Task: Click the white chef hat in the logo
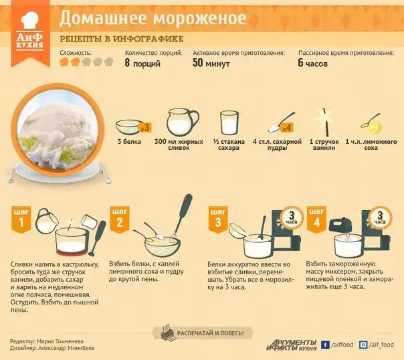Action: coord(30,20)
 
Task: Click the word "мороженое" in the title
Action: coord(200,18)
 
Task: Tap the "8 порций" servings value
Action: coord(142,63)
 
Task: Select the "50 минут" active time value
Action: coord(211,63)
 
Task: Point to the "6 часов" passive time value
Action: coord(313,63)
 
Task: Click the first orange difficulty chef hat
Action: coord(64,62)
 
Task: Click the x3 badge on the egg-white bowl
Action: coord(144,128)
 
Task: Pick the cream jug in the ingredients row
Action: coord(182,122)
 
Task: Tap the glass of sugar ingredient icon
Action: coord(229,122)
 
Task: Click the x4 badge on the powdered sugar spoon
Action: coord(286,128)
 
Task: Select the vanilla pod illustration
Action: coord(325,122)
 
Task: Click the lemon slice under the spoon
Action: coord(375,128)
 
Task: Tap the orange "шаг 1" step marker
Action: coord(21,219)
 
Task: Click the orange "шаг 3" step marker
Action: coord(218,219)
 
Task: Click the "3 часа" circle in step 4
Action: coord(380,218)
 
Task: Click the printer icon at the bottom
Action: coord(168,333)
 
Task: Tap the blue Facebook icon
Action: coord(325,345)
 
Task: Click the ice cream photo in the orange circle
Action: coord(58,130)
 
